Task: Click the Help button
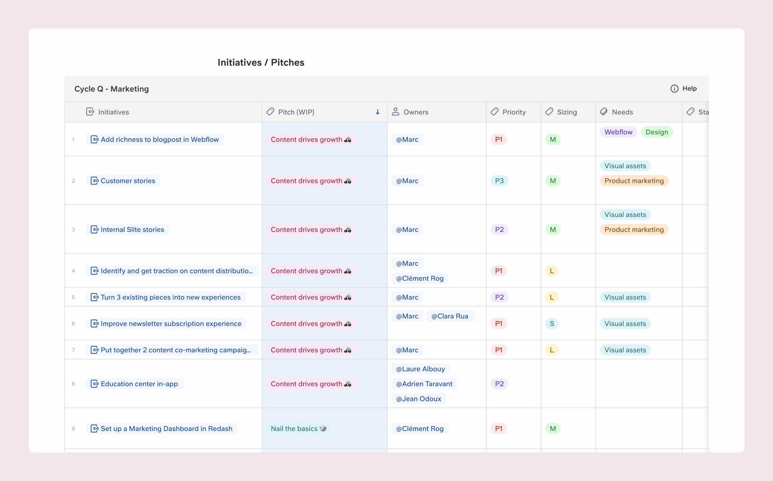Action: point(684,88)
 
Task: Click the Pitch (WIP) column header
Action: point(296,112)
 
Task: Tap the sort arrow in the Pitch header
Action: point(378,112)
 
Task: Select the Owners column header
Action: point(415,112)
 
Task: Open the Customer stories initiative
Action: point(128,181)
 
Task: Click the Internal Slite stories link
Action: point(132,230)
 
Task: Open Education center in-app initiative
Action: point(139,384)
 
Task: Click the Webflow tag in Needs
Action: point(618,132)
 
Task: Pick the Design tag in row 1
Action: point(657,132)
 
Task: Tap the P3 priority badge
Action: point(499,181)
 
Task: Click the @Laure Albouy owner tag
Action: point(420,369)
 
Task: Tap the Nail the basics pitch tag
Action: point(298,429)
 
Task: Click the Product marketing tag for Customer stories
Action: point(634,181)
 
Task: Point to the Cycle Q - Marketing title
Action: point(112,89)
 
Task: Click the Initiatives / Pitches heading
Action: point(261,62)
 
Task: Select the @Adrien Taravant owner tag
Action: point(424,384)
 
